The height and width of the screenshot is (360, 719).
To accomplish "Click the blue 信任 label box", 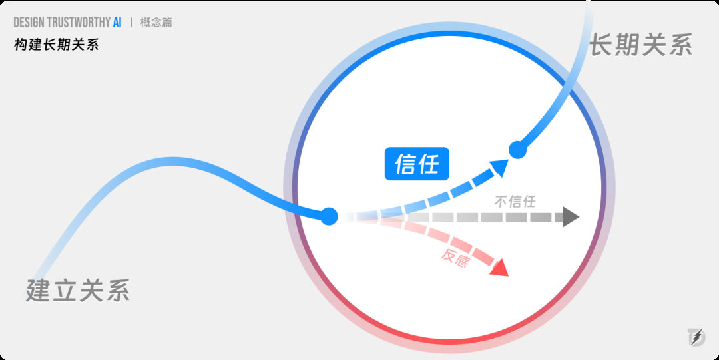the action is [417, 164].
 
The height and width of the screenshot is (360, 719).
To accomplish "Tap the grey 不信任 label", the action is [515, 202].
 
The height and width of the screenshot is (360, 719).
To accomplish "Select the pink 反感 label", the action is [455, 258].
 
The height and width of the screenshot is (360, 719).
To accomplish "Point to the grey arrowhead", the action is [571, 216].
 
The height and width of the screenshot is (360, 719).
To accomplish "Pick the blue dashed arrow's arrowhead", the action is [500, 167].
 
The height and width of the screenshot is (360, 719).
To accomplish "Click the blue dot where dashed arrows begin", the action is [329, 216].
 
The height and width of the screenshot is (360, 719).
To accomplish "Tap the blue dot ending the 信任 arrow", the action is [517, 150].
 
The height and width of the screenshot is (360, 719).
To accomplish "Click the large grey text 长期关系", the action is [640, 45].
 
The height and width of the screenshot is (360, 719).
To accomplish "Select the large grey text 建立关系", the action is [78, 290].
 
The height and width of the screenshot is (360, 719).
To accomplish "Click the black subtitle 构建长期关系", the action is [57, 45].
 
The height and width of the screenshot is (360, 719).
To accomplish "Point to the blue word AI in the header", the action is [117, 22].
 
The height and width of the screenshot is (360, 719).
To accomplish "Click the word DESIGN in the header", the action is [29, 22].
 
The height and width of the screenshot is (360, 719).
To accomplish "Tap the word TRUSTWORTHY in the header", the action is [79, 22].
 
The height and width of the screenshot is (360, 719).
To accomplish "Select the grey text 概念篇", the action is [156, 22].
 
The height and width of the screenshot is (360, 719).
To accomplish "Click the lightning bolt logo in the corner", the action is [696, 337].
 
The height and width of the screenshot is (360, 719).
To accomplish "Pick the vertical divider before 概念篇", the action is [132, 22].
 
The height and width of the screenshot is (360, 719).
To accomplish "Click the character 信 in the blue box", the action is [405, 164].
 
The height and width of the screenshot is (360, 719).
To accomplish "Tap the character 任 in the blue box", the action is [429, 164].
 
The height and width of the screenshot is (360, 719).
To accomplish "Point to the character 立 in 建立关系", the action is [65, 290].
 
